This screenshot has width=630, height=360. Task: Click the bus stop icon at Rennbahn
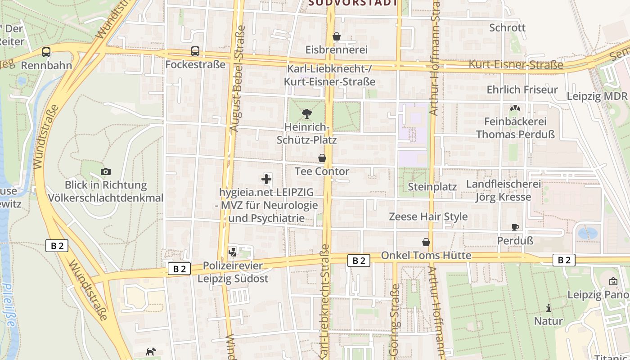[x=46, y=52]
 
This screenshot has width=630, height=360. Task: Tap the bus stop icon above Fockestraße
[x=195, y=51]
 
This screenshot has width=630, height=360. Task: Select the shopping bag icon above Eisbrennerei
[x=336, y=36]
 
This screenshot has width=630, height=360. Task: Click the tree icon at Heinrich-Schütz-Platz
[x=307, y=113]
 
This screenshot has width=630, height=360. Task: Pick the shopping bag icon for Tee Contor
[x=322, y=158]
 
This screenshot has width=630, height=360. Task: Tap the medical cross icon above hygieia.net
[x=266, y=179]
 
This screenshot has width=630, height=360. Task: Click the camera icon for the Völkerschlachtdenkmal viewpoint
[x=106, y=171]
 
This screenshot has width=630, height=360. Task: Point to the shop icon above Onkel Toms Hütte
[x=426, y=242]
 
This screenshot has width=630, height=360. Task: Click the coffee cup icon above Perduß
[x=515, y=227]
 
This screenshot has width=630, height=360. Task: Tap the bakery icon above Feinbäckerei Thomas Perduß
[x=515, y=108]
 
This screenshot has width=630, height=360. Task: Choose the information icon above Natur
[x=548, y=308]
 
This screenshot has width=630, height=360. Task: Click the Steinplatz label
[x=432, y=187]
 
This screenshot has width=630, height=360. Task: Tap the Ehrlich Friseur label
[x=522, y=90]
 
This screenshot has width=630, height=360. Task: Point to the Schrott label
[x=507, y=27]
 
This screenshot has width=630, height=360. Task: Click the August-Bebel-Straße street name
[x=238, y=78]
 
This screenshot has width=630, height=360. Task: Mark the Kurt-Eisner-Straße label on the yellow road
[x=516, y=65]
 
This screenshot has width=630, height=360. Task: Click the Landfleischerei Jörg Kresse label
[x=504, y=190]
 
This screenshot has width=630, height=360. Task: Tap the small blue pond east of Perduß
[x=587, y=233]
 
